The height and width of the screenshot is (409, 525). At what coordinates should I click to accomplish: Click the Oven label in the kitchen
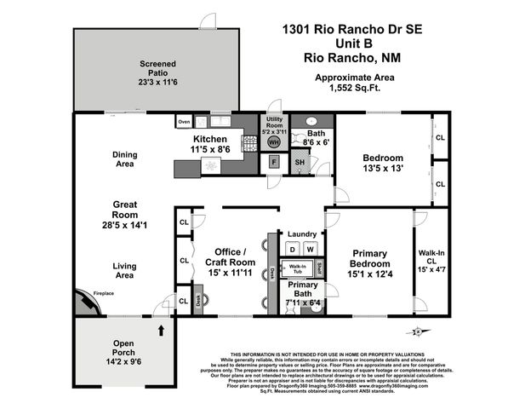coord(184,122)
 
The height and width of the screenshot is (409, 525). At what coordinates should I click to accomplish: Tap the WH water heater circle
coord(274,142)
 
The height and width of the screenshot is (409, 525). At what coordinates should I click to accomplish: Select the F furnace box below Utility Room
coord(274,162)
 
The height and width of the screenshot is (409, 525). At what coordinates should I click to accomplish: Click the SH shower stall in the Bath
coord(300,162)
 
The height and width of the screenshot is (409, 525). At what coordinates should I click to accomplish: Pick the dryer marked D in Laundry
coord(291,249)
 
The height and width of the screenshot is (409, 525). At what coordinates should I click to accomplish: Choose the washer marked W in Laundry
coord(311,249)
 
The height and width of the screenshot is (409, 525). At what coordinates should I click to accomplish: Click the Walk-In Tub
coord(298,268)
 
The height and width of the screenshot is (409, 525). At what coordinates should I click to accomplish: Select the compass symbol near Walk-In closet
coord(417,331)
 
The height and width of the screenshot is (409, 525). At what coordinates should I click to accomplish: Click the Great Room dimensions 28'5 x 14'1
coord(125,226)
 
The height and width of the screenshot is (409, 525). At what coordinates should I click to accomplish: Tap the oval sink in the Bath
coord(310,121)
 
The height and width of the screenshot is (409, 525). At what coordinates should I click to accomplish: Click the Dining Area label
coord(124,159)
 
